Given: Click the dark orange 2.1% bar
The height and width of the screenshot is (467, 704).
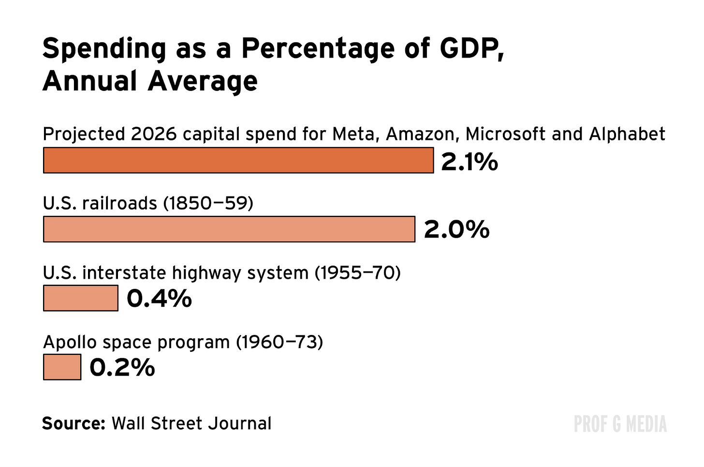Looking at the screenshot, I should [x=238, y=160].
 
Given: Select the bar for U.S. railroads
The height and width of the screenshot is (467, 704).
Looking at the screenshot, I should [x=229, y=229].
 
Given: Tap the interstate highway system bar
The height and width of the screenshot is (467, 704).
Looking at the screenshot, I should [x=80, y=298].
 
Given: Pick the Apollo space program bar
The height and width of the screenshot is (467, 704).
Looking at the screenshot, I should [x=62, y=367].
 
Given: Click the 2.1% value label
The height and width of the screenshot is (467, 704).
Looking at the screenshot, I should [x=469, y=161].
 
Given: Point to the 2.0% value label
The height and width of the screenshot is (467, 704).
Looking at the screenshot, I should [x=456, y=229].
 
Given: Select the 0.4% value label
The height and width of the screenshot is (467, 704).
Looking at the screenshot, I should [x=159, y=299].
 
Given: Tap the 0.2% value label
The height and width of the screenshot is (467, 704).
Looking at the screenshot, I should [x=122, y=367].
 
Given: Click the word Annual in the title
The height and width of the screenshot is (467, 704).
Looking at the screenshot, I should [x=90, y=81].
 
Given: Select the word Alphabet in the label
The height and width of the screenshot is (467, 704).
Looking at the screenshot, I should [x=627, y=134].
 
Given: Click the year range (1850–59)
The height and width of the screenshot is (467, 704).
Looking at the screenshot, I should [x=208, y=203].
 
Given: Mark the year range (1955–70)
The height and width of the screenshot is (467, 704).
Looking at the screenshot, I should [x=357, y=273].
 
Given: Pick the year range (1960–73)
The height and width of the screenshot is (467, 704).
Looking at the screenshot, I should [x=279, y=342].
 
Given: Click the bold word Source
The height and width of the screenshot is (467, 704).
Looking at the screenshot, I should [x=73, y=423].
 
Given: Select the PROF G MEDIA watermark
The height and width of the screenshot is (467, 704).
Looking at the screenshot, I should [x=620, y=424].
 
